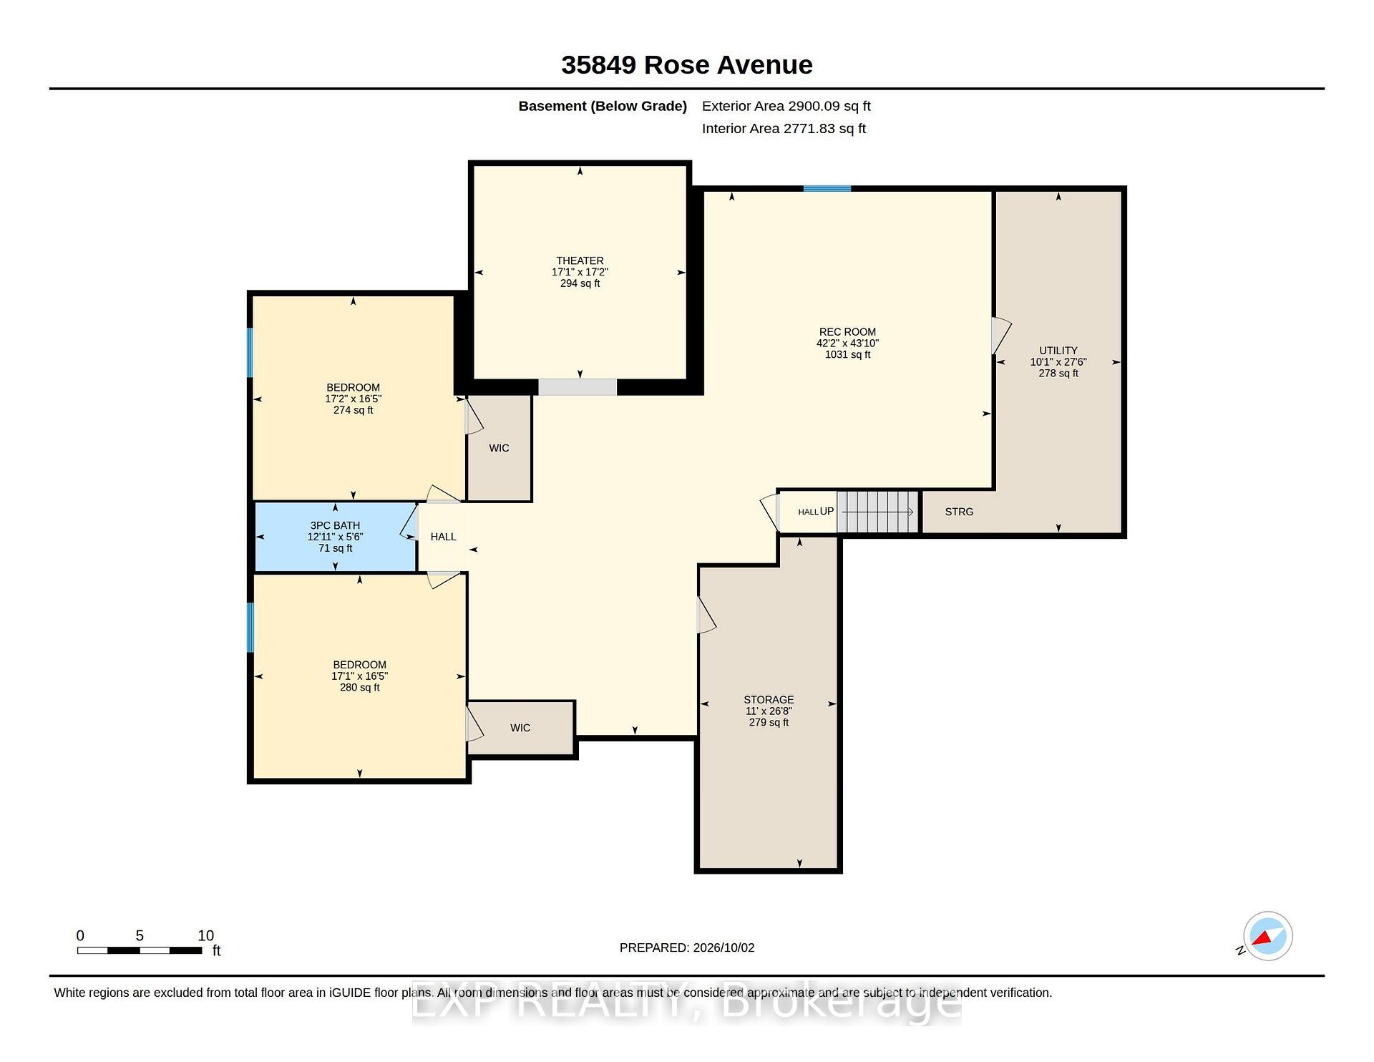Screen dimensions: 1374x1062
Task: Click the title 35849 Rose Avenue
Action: (x=687, y=65)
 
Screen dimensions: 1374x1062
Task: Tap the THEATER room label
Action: (x=580, y=260)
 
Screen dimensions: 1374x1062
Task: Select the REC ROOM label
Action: (x=847, y=332)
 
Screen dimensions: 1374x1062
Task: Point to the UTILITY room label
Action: (x=1058, y=351)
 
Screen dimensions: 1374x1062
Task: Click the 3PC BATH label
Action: (x=335, y=525)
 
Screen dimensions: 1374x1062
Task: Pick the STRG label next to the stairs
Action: (x=959, y=512)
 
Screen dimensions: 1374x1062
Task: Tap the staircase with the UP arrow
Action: (x=877, y=512)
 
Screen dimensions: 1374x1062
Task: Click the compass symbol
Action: (x=1267, y=936)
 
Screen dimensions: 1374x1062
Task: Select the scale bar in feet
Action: (x=140, y=950)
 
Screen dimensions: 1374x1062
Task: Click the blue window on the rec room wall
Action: (x=827, y=189)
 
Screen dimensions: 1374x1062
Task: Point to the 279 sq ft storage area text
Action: (x=769, y=723)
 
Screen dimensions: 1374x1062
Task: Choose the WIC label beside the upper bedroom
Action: (x=499, y=448)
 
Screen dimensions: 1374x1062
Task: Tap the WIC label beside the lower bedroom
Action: (x=520, y=728)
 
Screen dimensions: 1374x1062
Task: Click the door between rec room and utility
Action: (x=1000, y=336)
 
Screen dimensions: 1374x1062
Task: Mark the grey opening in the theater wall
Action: (x=578, y=387)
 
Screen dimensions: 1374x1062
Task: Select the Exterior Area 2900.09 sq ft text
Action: (x=786, y=106)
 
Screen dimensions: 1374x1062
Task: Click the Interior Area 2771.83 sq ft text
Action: (x=784, y=129)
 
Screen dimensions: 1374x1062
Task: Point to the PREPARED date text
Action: (x=687, y=947)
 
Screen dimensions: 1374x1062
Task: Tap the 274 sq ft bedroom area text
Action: (x=354, y=410)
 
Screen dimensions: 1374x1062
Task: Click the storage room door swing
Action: (x=706, y=615)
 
